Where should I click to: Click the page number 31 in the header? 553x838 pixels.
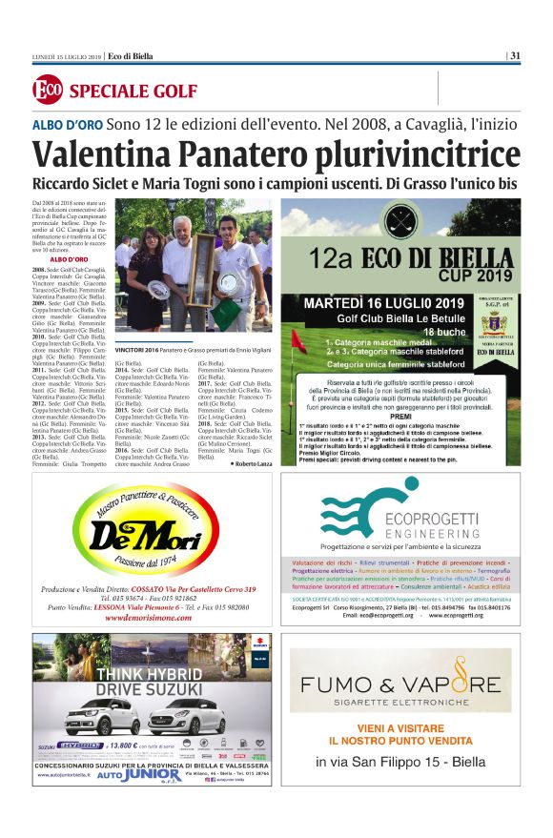click(515, 54)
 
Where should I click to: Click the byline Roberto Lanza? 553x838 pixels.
click(252, 462)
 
